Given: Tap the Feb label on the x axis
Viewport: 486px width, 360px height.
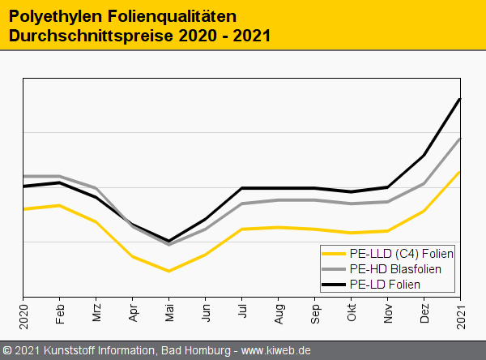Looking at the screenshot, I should coord(60,314).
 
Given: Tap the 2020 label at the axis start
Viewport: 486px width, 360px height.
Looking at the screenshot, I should coord(23,311).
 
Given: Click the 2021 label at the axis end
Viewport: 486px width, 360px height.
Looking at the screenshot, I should coord(461,311).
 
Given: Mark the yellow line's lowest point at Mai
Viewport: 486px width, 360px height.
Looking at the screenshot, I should coord(169,271).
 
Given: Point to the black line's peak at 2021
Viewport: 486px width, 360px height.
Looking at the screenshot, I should coord(460,100).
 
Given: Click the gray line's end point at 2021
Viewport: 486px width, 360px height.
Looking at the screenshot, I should coord(460,139).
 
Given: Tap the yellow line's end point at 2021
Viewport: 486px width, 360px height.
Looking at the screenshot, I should coord(460,172).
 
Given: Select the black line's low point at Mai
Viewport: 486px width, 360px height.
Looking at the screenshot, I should coord(169,241).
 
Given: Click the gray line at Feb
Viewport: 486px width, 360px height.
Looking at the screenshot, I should coord(60,176).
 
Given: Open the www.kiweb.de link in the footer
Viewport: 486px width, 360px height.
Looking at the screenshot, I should coord(277,351).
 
